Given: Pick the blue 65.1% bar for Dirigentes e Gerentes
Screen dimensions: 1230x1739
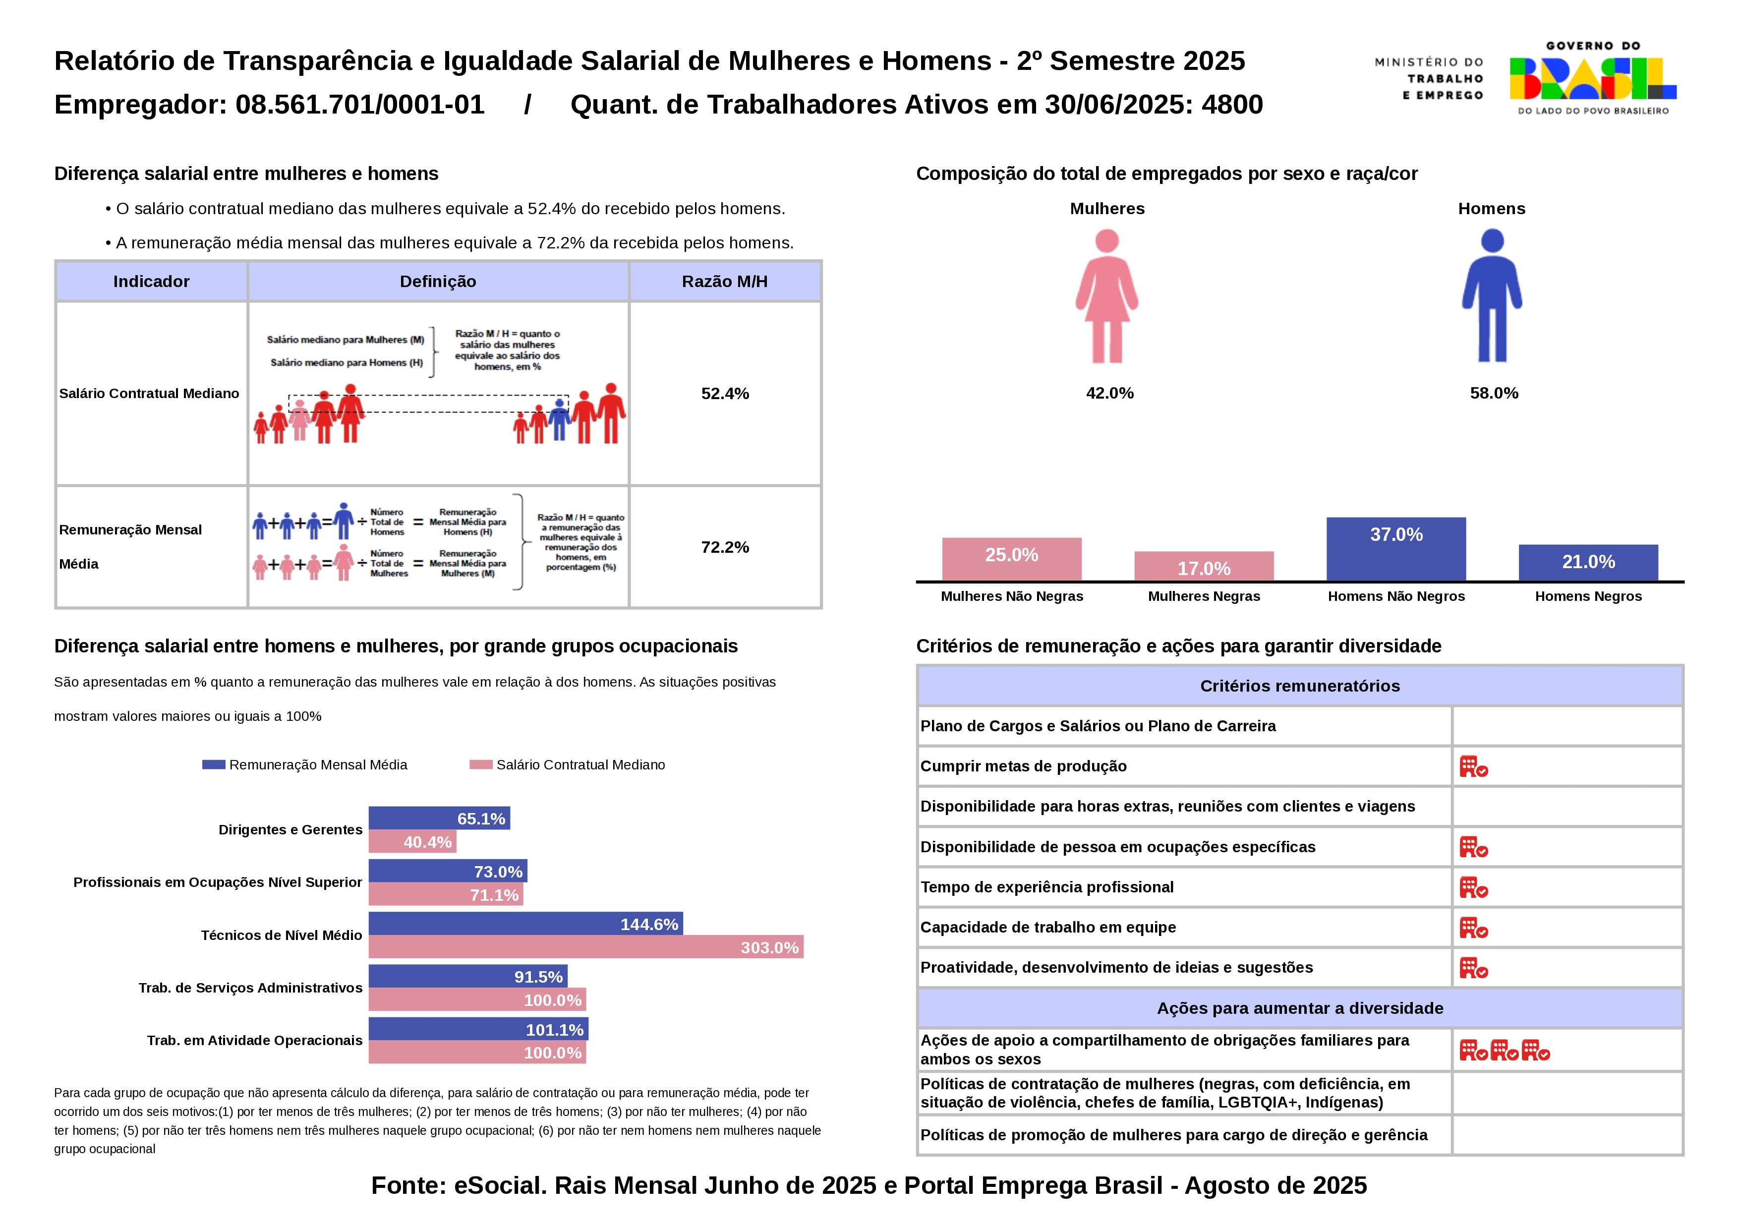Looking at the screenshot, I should click(x=439, y=818).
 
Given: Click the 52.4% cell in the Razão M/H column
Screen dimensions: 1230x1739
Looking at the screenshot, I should click(x=725, y=394).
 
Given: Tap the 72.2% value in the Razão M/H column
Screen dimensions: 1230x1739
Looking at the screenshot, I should click(x=725, y=547).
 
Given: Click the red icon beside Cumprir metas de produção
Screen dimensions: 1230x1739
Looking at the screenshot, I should click(x=1473, y=766).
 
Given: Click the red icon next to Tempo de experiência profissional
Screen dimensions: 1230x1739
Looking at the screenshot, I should click(x=1473, y=887).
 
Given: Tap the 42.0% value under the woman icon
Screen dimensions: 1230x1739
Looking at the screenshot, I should click(x=1109, y=393).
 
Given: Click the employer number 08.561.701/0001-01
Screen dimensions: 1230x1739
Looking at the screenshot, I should click(x=360, y=105).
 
